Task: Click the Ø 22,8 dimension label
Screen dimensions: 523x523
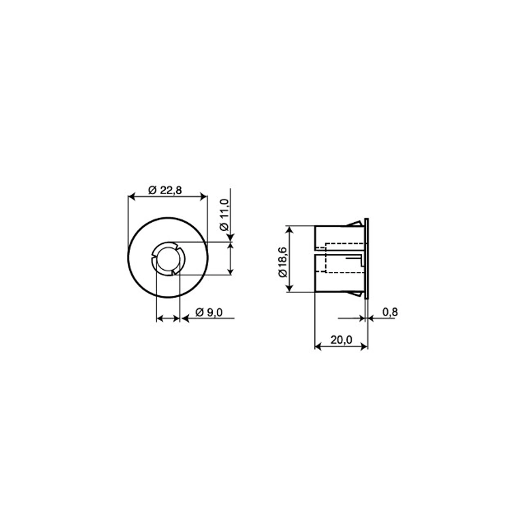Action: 165,190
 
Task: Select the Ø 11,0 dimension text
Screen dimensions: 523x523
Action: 224,215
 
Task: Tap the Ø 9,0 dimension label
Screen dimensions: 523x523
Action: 208,313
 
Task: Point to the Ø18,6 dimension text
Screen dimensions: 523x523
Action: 282,262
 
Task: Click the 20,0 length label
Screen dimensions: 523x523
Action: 341,340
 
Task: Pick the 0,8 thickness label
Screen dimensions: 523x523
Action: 390,313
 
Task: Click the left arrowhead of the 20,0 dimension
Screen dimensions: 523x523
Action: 317,346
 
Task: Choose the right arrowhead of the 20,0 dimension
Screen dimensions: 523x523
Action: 365,346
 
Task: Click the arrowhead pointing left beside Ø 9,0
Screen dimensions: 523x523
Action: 185,318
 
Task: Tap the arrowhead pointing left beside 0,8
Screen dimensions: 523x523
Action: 370,318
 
